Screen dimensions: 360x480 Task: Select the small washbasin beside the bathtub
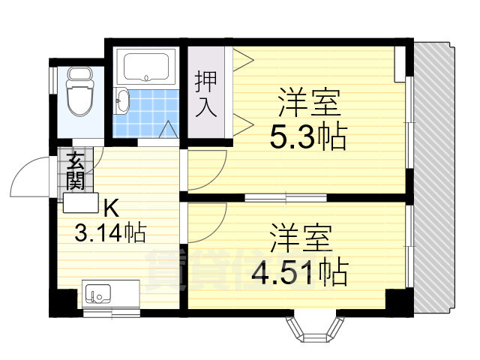(123, 100)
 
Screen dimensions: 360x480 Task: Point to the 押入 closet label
(206, 93)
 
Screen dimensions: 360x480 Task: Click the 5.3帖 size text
(307, 136)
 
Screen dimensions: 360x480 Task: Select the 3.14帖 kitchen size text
(109, 232)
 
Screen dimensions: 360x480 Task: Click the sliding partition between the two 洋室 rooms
(285, 197)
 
